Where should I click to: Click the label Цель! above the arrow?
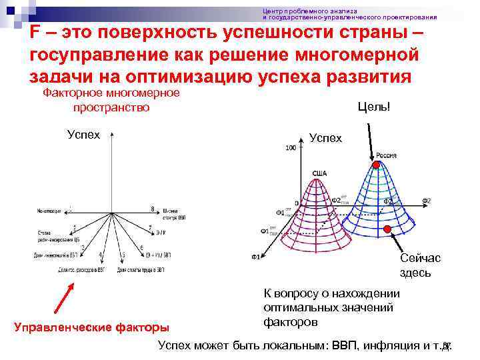[x=373, y=107]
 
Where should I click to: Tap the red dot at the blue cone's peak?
[x=376, y=165]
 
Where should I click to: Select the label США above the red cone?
[x=319, y=173]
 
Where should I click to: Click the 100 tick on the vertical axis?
[x=290, y=148]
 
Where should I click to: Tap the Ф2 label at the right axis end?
[x=427, y=201]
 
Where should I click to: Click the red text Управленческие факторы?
[x=91, y=327]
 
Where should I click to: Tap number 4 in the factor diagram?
[x=100, y=255]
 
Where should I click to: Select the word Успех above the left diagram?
[x=84, y=134]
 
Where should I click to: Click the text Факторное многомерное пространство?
[x=111, y=100]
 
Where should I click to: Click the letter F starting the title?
[x=35, y=35]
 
